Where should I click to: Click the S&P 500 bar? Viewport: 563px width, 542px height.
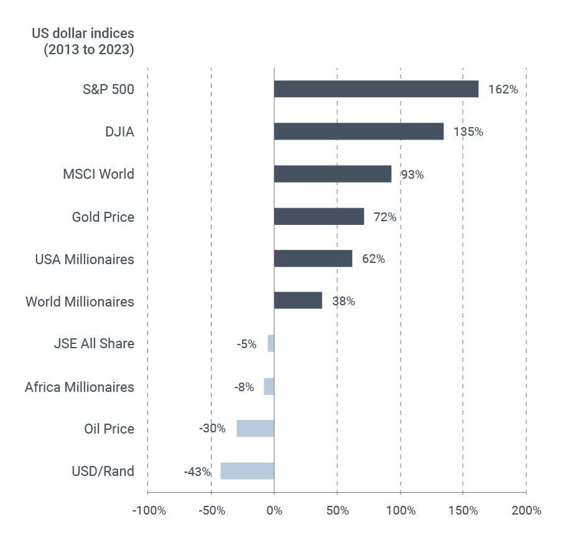(376, 89)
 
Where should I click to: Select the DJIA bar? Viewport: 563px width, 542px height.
(358, 131)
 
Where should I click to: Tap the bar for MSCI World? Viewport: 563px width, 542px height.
(332, 174)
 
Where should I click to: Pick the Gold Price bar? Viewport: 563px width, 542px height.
(319, 216)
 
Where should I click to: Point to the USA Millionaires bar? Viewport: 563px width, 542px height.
(313, 259)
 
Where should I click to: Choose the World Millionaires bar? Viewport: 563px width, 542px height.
(298, 301)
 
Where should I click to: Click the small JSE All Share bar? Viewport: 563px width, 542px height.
(271, 343)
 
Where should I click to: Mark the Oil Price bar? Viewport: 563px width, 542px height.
(255, 428)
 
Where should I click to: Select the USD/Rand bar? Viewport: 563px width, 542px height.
(247, 471)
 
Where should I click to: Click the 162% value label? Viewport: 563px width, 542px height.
(503, 90)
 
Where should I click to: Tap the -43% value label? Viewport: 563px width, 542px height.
(197, 472)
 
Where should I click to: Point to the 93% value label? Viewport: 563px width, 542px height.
(412, 175)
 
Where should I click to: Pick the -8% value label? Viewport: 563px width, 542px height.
(244, 387)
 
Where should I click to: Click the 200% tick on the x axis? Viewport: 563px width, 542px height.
(526, 511)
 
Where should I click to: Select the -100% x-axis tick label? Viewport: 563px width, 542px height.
(149, 511)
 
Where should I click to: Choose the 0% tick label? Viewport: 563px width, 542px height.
(274, 511)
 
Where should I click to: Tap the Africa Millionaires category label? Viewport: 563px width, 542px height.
(79, 387)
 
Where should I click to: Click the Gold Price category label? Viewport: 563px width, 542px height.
(103, 217)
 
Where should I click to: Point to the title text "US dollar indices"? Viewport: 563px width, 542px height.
(83, 33)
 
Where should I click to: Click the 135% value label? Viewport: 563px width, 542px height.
(468, 132)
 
